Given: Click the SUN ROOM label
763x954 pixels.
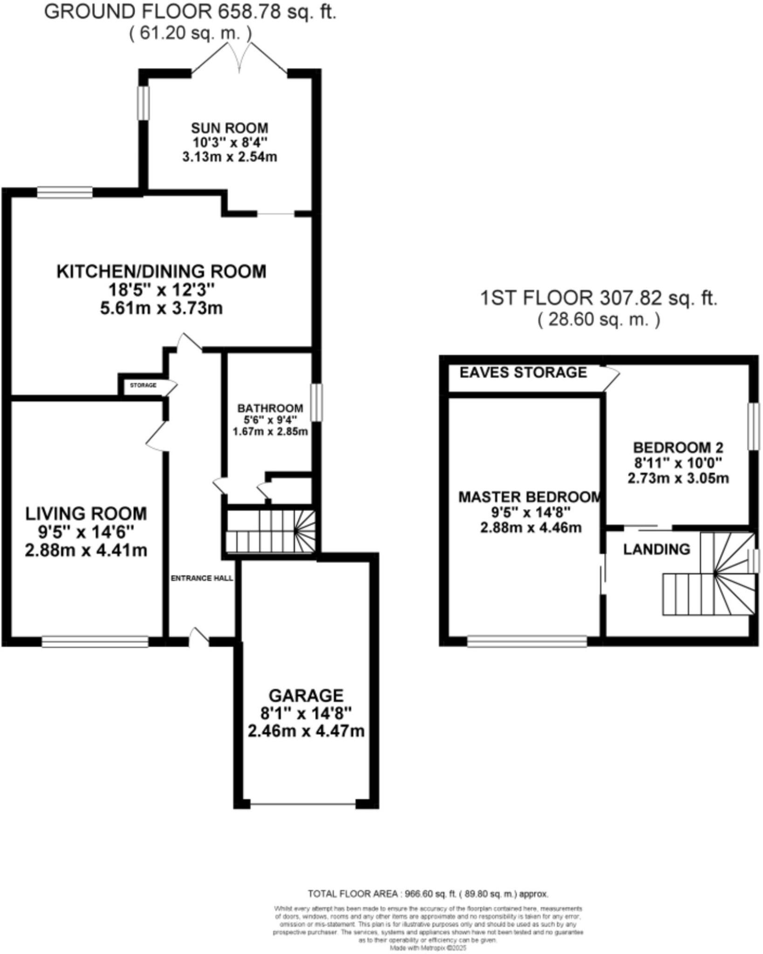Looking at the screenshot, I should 229,128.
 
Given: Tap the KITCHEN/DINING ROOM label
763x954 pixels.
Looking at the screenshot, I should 161,271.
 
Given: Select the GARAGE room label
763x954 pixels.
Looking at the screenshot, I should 306,695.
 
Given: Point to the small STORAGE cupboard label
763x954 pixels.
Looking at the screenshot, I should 143,386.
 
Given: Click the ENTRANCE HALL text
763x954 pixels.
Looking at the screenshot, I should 202,579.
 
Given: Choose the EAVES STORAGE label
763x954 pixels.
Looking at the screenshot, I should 523,372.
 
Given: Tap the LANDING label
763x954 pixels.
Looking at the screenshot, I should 656,549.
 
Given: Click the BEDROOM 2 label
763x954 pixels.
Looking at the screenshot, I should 678,448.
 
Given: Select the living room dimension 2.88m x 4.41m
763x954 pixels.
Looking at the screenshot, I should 86,551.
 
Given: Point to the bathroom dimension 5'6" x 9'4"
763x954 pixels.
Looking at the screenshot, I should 270,420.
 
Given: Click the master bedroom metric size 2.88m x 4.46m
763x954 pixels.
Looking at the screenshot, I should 531,528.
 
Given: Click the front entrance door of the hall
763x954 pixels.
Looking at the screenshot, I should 199,637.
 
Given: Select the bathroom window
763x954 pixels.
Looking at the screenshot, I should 316,402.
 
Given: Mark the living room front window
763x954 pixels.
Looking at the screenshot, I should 95,642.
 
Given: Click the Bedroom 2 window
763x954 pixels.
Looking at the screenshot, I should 753,426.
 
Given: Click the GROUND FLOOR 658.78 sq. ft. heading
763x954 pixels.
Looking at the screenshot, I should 190,12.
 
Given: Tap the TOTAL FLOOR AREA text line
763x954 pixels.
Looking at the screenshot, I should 428,894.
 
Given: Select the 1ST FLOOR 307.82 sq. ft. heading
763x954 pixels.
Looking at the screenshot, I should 598,298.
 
